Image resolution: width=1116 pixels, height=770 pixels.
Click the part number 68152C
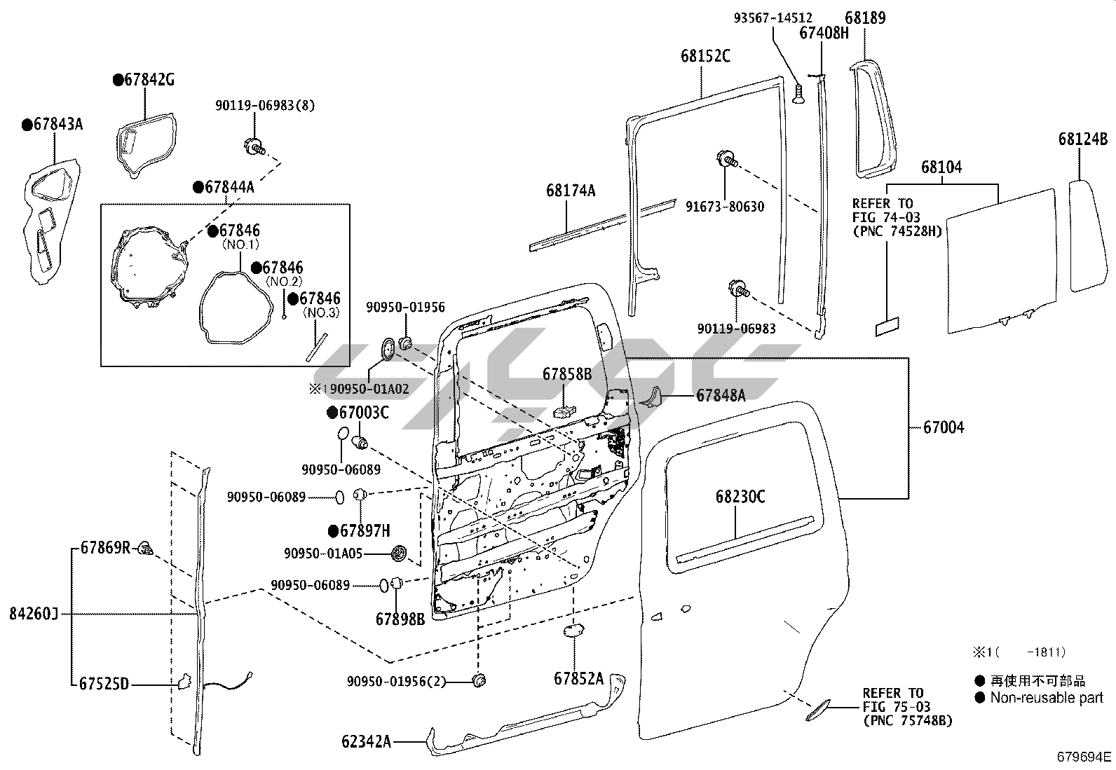tap(705, 56)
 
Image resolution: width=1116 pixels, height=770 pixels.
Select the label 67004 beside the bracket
tap(944, 427)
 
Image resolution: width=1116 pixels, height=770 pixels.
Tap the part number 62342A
tap(366, 741)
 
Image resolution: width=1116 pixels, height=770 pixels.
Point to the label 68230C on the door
tap(740, 497)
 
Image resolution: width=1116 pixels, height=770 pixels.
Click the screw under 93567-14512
tap(798, 94)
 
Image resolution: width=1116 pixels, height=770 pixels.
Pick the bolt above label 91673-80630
tap(727, 159)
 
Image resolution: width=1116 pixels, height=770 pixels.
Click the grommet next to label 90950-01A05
tap(399, 554)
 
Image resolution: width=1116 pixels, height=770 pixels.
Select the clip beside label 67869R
tap(146, 549)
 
